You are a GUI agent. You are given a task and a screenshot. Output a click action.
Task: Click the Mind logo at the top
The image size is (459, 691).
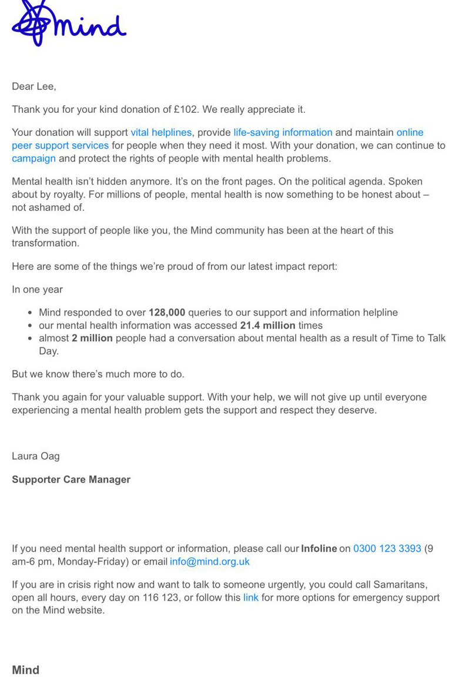(x=69, y=25)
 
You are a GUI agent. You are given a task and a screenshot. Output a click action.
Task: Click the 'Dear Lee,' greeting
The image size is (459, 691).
(x=34, y=86)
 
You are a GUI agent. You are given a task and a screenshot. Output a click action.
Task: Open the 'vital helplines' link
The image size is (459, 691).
(x=161, y=132)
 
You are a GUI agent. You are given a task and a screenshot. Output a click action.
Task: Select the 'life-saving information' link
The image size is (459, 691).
(x=283, y=132)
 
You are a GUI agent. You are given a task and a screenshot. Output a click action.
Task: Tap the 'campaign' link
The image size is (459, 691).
(x=33, y=158)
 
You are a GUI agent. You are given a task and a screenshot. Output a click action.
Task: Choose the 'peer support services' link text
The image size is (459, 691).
(x=60, y=145)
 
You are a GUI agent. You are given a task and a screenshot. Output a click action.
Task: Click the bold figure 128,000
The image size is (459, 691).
(x=167, y=313)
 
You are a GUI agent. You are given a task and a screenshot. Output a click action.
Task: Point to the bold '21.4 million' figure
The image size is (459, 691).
(x=267, y=326)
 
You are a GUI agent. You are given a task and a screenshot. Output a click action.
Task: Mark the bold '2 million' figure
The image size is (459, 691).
(x=92, y=338)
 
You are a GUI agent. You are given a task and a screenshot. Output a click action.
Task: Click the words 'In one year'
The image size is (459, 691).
(x=37, y=290)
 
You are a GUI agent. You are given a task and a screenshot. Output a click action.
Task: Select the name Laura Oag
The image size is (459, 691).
(x=35, y=456)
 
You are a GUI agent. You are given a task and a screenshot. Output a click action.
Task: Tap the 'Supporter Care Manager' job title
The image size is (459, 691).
(x=71, y=479)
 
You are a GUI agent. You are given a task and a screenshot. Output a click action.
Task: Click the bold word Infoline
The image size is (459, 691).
(x=319, y=549)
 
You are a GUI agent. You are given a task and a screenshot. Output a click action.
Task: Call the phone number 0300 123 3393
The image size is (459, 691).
(x=387, y=549)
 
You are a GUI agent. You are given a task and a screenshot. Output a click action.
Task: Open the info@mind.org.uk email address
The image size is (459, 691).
(x=209, y=562)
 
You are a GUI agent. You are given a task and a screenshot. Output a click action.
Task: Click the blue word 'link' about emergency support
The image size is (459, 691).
(x=251, y=598)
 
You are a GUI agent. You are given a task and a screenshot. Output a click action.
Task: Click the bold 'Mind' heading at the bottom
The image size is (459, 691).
(x=25, y=670)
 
